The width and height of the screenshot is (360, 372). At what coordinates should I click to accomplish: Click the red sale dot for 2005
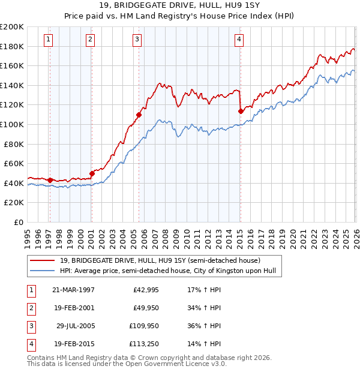point(139,115)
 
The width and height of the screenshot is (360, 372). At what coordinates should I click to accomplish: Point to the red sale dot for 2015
point(241,111)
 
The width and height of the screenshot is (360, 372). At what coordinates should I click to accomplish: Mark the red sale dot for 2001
point(92,173)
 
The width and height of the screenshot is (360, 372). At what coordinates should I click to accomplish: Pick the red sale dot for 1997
point(50,180)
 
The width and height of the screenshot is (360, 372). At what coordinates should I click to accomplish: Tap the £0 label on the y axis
point(19,222)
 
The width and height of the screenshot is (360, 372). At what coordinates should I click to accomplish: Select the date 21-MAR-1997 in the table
point(73,290)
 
